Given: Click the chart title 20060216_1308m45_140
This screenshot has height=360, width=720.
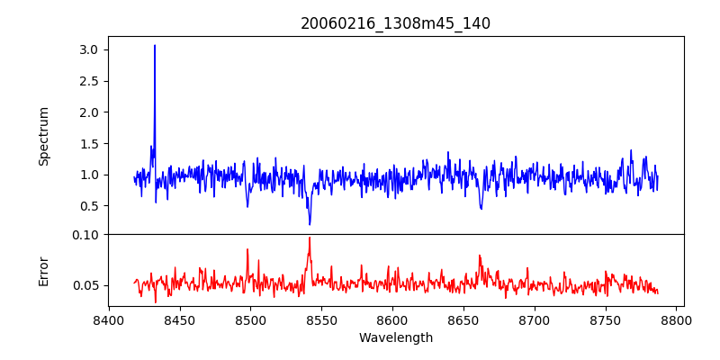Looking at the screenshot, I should click(395, 23).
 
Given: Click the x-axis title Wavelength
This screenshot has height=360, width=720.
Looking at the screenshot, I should click(395, 338).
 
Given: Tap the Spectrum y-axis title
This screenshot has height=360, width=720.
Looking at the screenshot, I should click(43, 136).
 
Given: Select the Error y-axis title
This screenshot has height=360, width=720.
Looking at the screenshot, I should click(43, 271).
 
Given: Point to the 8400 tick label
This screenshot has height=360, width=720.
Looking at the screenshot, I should click(109, 320).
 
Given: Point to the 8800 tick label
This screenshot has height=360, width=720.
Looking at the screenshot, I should click(677, 320).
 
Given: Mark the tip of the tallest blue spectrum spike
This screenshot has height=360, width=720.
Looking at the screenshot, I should click(155, 45).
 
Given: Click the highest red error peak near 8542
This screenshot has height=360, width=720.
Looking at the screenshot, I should click(310, 238).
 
